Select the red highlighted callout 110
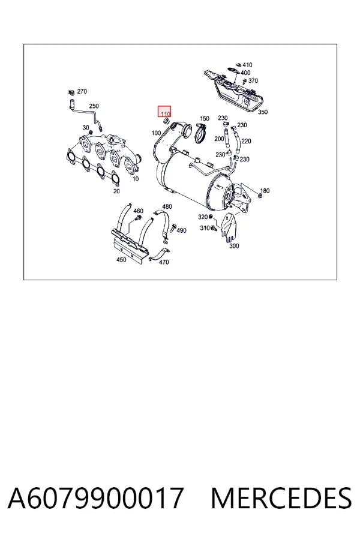coord(164,112)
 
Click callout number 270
coord(82,91)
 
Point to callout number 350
coord(263,112)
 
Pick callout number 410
coord(247,65)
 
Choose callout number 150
coord(205,118)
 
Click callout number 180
coord(265,191)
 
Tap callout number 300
coord(234,246)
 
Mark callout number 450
coord(121,260)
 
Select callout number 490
coord(181,230)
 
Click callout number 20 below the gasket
coord(116,191)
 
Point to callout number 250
coord(94,106)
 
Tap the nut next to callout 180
coord(260,196)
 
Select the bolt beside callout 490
coord(173,227)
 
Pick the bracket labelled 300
coord(229,227)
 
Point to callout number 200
coord(219,139)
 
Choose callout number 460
coord(138,211)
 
